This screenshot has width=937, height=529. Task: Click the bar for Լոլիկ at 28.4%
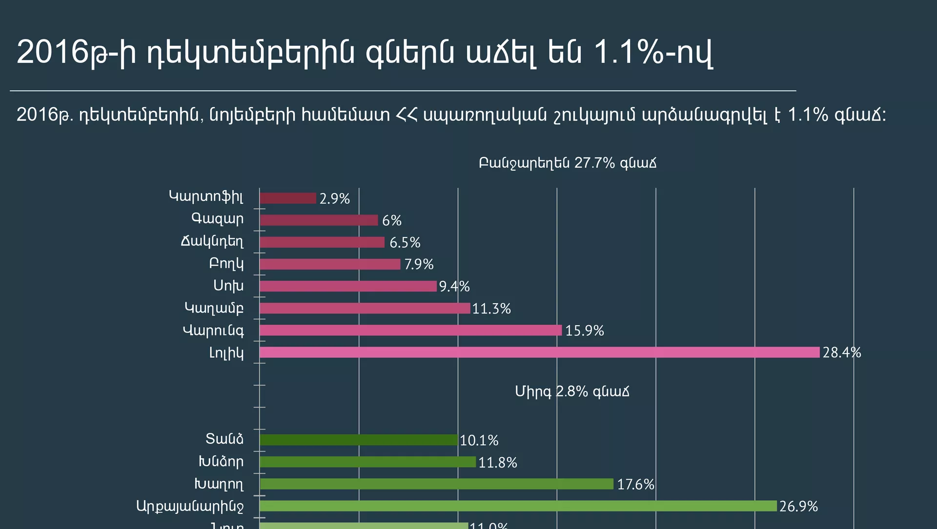click(539, 352)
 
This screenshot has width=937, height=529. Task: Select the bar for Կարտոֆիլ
click(288, 198)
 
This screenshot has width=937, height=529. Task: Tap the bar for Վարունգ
click(410, 330)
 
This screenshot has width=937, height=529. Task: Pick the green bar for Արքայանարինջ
click(518, 506)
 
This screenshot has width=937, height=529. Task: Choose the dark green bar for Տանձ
click(359, 440)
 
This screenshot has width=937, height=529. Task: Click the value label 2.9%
click(335, 199)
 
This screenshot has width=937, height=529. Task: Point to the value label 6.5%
click(405, 243)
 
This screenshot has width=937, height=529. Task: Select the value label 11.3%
click(491, 309)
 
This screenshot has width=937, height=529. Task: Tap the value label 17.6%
click(635, 485)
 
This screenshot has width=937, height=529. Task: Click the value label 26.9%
click(798, 507)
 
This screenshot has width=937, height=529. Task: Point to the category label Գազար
click(217, 219)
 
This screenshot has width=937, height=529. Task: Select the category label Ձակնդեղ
click(212, 241)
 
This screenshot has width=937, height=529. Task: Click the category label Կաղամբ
click(214, 308)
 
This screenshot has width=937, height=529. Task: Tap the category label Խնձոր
click(221, 462)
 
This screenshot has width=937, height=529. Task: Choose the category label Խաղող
click(219, 484)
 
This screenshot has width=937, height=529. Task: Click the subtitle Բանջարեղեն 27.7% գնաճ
click(568, 163)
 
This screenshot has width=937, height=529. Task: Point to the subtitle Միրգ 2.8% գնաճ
click(572, 392)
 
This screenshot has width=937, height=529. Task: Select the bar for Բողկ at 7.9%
click(330, 264)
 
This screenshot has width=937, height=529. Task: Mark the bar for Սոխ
click(348, 286)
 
